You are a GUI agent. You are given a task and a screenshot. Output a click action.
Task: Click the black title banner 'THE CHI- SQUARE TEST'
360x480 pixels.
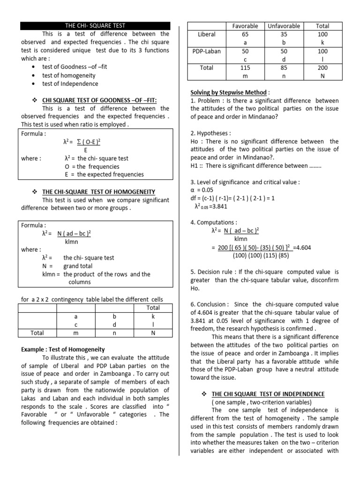coord(94,26)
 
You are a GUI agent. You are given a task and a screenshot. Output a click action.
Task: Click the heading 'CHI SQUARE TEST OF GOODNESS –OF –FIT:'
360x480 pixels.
coord(99,100)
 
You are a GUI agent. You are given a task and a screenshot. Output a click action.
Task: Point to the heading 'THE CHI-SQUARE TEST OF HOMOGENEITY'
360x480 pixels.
coord(98,192)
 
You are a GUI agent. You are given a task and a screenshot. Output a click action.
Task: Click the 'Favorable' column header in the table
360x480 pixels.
coord(245,26)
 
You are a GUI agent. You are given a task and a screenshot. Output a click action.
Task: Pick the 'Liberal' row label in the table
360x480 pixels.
coord(207,34)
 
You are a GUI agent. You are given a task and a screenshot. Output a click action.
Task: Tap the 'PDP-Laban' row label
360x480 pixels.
coord(207,51)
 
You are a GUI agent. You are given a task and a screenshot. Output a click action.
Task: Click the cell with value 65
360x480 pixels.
coord(245,34)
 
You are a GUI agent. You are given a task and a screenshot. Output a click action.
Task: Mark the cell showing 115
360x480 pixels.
coord(245,68)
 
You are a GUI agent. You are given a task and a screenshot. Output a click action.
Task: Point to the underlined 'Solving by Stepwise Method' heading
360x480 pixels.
coord(228,92)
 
